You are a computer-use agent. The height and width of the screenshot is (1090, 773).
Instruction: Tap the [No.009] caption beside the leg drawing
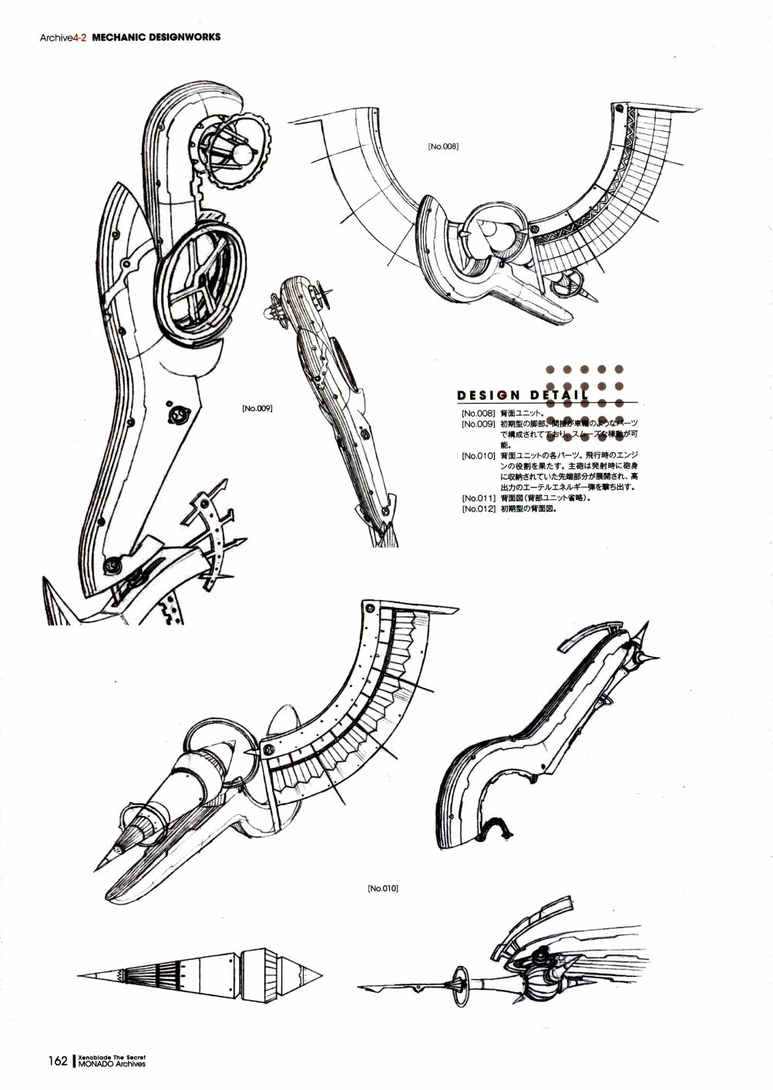pos(257,408)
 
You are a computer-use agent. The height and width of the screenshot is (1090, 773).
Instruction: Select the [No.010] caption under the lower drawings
pos(382,888)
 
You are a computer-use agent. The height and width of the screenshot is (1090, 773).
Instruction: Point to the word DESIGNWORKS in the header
pos(185,36)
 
